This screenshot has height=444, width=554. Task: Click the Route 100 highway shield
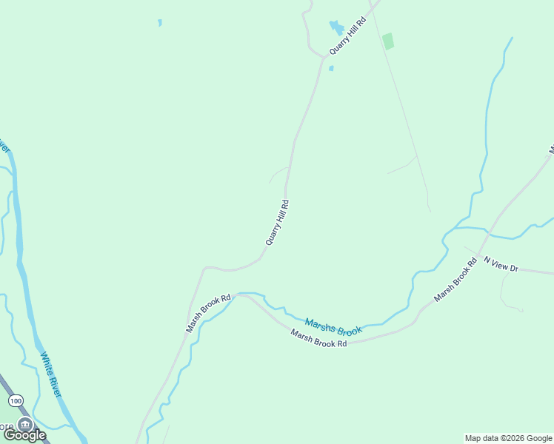click(x=16, y=400)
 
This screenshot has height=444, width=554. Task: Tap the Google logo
click(x=24, y=435)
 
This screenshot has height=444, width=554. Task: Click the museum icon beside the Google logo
click(x=26, y=424)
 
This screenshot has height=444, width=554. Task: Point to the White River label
click(x=50, y=374)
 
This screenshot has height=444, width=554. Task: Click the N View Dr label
click(x=502, y=263)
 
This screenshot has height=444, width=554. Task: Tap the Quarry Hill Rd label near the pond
click(x=348, y=35)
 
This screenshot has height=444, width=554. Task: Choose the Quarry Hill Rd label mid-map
click(x=277, y=222)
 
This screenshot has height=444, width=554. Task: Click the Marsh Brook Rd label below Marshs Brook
click(x=318, y=340)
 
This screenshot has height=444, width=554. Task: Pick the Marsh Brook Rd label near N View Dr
click(x=455, y=280)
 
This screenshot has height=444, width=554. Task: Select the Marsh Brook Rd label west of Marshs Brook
click(x=209, y=313)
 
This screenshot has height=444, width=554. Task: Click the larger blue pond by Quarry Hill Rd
click(x=336, y=28)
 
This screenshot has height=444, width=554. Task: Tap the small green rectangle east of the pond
click(x=388, y=41)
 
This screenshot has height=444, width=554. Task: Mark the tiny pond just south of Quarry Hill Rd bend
click(x=331, y=68)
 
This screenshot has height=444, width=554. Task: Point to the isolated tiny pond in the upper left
click(x=159, y=23)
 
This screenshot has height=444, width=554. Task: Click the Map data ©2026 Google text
click(x=509, y=438)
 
